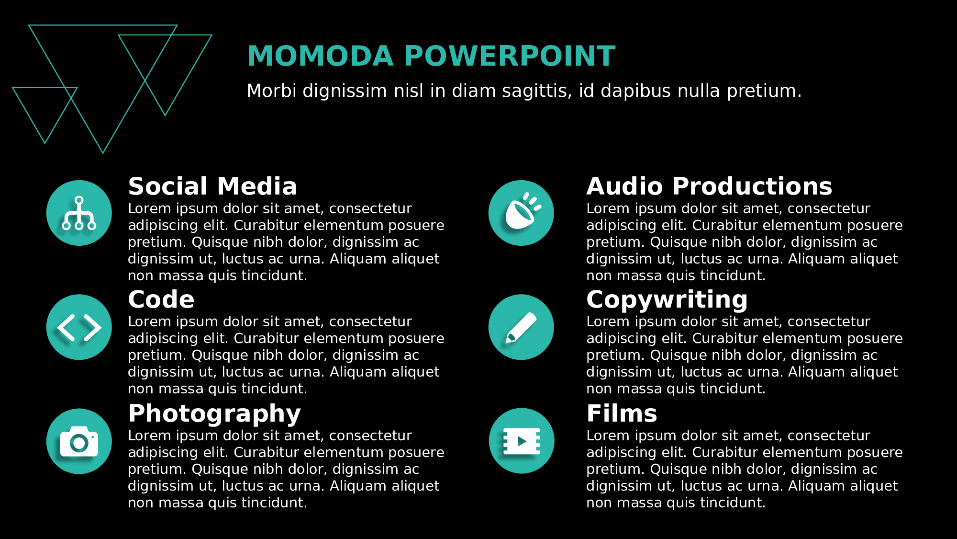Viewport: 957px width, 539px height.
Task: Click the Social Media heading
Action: point(212,186)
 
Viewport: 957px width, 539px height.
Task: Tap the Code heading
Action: point(161,300)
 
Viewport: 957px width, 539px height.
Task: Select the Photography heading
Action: point(214,414)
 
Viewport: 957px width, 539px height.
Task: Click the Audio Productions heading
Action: point(709,186)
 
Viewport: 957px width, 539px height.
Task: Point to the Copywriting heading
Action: point(667,300)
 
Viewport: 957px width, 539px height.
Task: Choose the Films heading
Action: point(622,414)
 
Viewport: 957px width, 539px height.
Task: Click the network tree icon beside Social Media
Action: point(79,213)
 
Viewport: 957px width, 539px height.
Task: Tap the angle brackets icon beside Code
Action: point(79,327)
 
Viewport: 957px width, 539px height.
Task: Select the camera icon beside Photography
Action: point(79,441)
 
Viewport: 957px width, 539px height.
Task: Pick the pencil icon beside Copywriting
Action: point(521,327)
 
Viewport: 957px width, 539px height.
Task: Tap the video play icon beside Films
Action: point(522,441)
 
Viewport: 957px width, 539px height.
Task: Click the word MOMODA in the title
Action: point(321,56)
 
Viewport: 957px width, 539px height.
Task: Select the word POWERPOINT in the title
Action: point(510,56)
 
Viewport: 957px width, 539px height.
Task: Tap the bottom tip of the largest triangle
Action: point(103,153)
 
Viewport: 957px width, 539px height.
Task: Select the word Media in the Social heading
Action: point(257,186)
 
